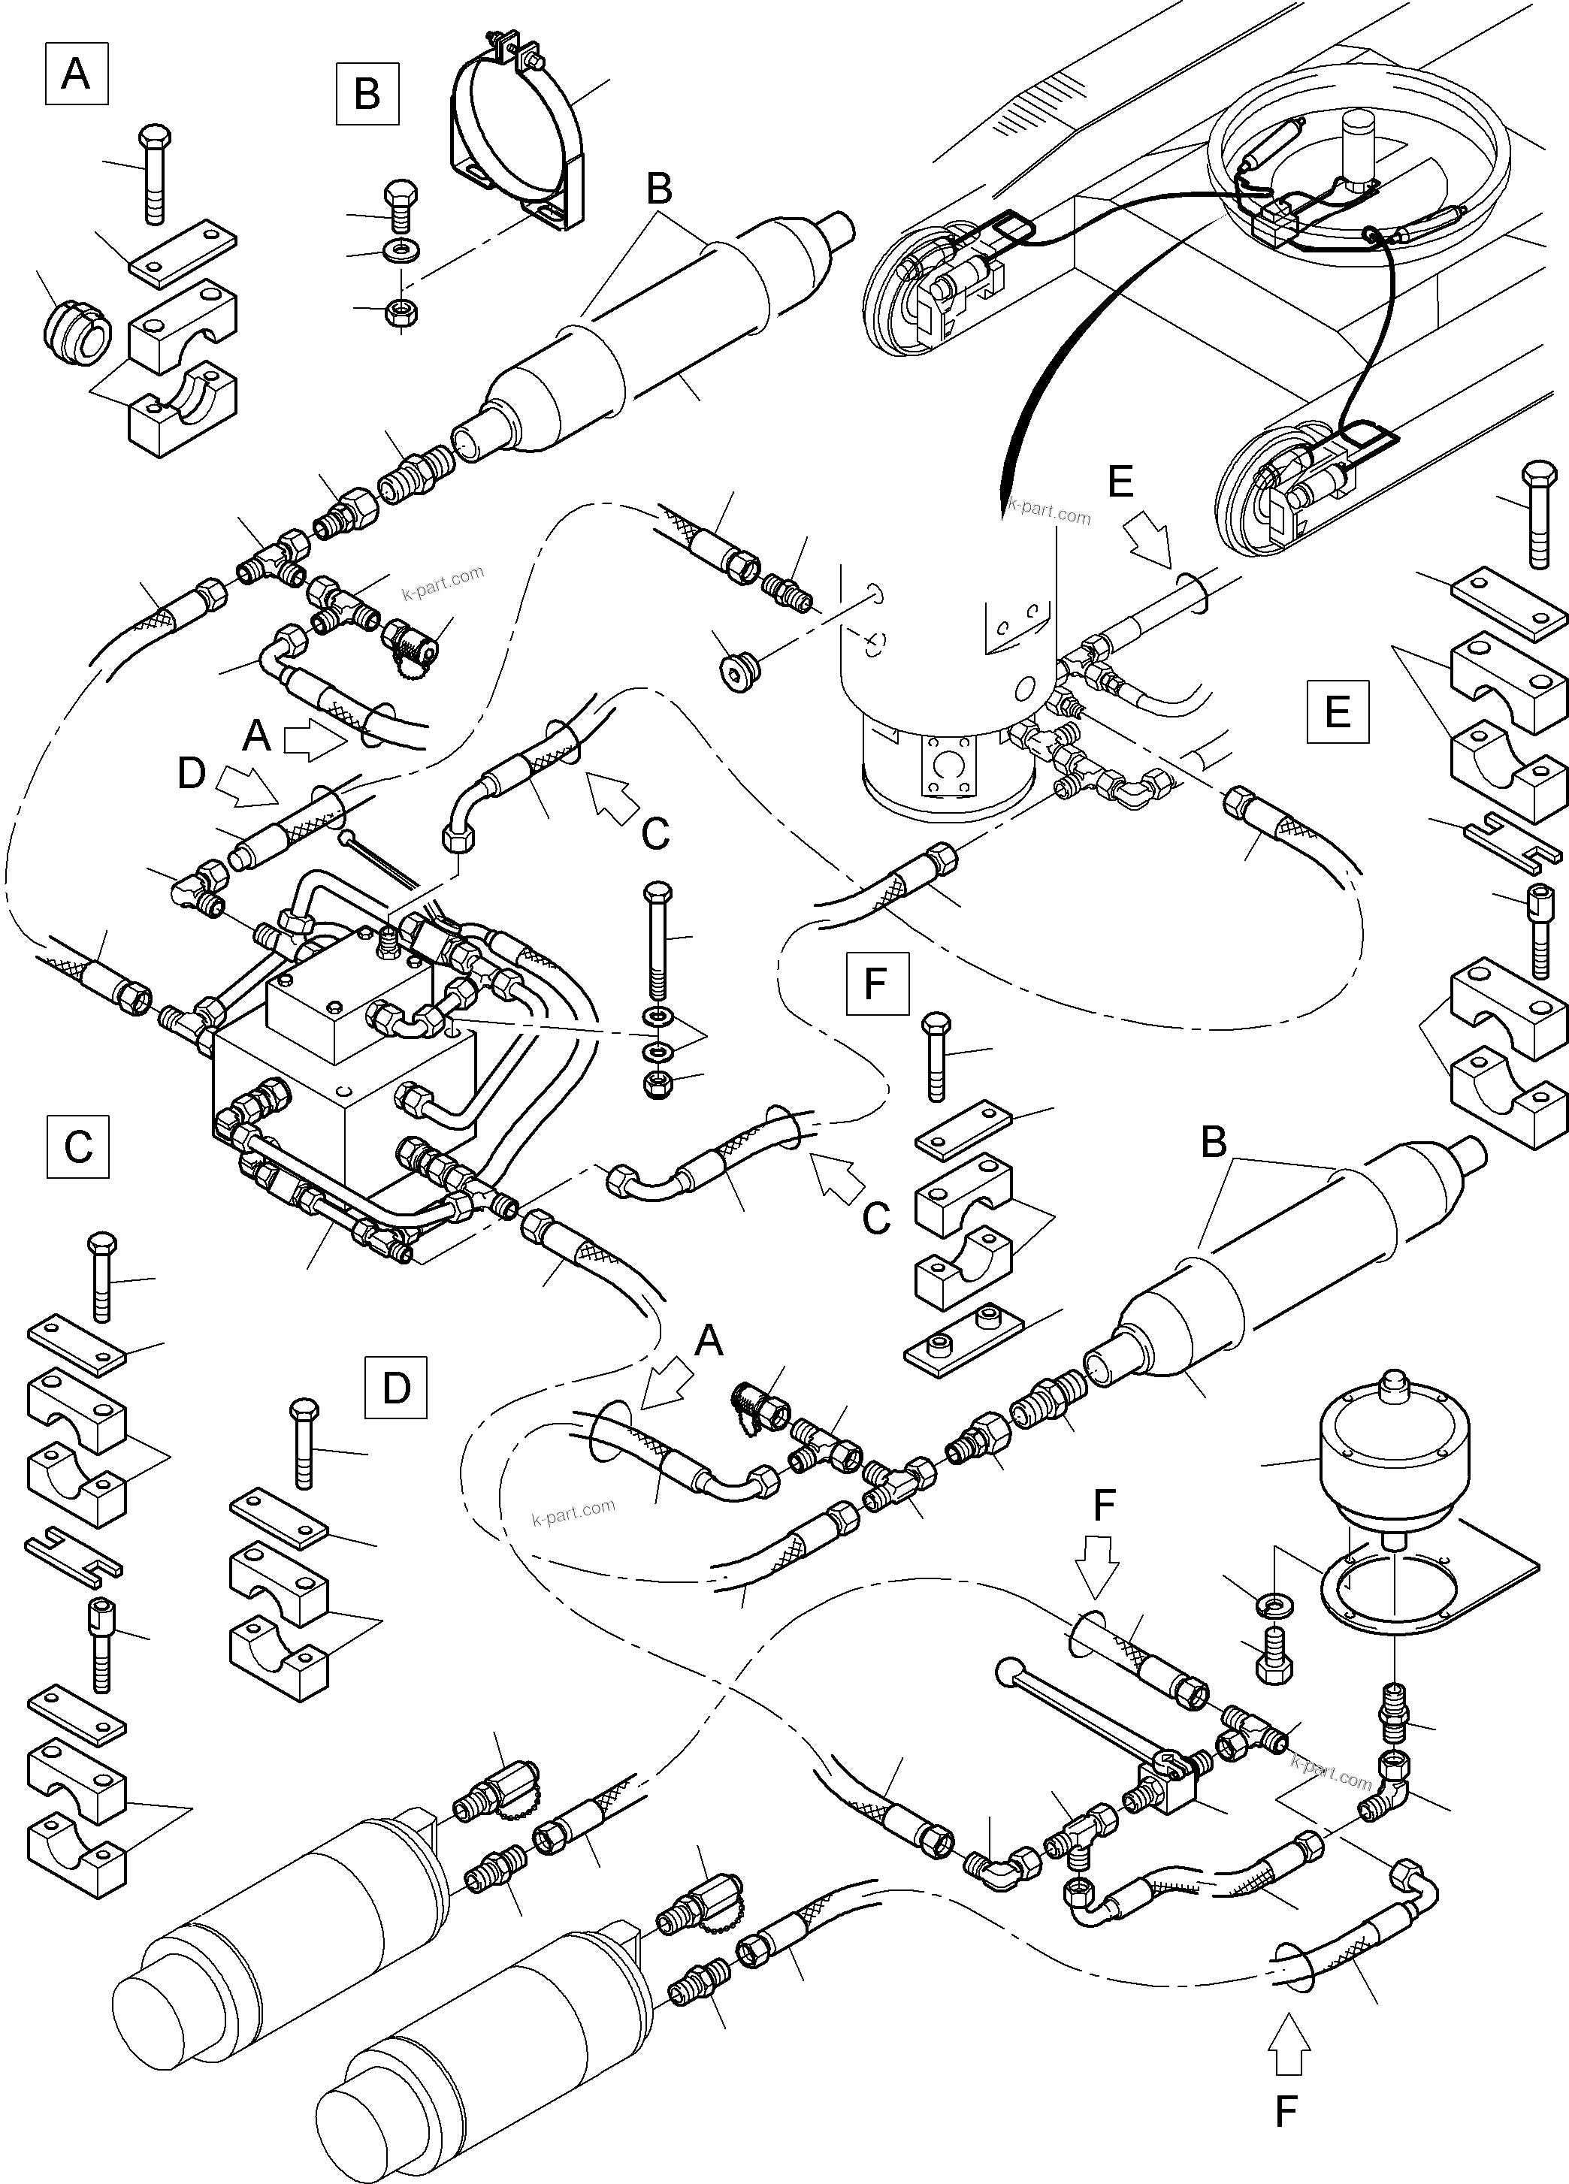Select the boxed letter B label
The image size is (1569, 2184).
click(x=367, y=95)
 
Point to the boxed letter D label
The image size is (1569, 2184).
click(x=396, y=1388)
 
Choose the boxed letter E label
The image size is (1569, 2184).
click(x=1337, y=711)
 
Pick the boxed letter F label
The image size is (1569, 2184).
click(x=876, y=984)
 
